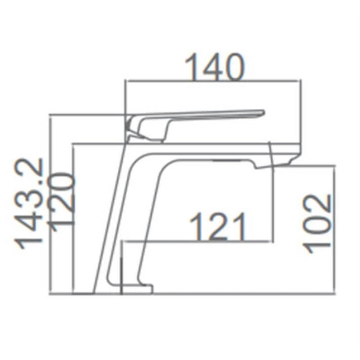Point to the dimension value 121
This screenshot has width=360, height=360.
218,227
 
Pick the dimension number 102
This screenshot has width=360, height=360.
318,223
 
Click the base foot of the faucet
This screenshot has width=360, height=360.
136,289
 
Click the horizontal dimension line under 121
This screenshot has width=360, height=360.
201,242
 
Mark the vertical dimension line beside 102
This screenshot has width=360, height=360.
335,229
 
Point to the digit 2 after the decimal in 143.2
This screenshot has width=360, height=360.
31,168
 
